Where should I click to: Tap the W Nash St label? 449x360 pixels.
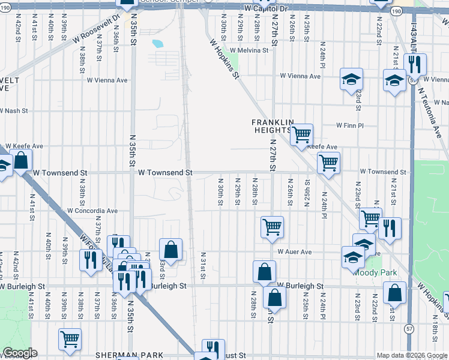14,110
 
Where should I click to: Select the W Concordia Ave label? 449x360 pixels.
92,211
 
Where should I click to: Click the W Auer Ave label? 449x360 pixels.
294,252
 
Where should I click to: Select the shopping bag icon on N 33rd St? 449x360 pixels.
171,249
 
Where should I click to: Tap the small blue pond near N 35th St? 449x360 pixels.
158,43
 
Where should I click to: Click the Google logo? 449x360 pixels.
20,353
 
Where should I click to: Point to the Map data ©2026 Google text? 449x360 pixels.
411,355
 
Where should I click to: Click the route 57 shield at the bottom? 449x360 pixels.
409,329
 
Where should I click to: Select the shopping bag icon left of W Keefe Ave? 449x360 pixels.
21,160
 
